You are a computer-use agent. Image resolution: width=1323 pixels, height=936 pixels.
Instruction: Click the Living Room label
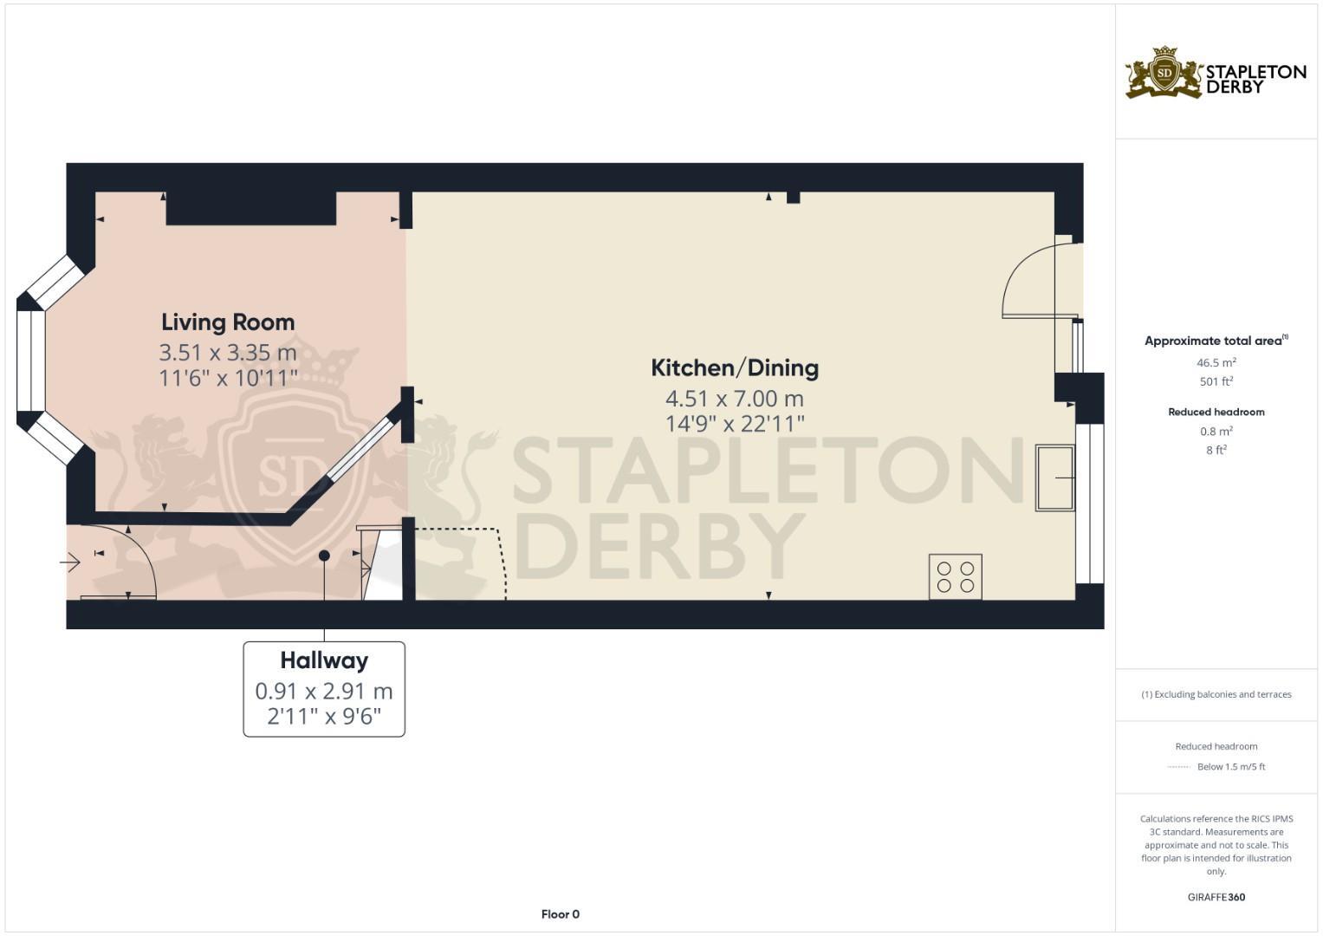(228, 322)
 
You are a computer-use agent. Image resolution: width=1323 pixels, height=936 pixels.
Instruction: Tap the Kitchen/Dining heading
(735, 367)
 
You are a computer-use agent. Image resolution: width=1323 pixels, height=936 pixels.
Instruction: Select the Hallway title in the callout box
(324, 660)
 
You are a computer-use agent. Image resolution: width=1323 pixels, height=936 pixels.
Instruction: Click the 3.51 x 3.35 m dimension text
(228, 353)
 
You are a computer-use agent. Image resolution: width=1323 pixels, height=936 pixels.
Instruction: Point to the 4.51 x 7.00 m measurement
(735, 399)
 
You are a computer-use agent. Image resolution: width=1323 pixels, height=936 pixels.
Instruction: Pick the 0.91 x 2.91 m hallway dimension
(324, 692)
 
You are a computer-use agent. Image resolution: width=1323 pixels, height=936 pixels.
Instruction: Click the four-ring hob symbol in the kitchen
(956, 577)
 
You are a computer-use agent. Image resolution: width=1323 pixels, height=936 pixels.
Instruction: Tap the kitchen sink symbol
(1055, 478)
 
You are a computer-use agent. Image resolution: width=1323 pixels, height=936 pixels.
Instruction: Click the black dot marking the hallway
(324, 556)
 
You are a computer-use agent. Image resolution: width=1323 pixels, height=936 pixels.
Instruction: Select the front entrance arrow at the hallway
(70, 563)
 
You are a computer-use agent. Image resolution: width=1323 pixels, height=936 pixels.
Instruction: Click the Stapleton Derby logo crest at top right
(1164, 73)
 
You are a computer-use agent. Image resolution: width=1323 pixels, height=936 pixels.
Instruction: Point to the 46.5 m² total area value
(1216, 363)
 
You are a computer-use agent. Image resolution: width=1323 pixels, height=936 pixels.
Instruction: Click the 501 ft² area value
(1216, 381)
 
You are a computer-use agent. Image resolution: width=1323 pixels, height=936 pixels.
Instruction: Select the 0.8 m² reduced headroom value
(1216, 431)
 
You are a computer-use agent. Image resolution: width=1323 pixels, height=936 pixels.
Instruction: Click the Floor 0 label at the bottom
(561, 914)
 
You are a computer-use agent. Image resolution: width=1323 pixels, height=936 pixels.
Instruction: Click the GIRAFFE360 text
(1216, 897)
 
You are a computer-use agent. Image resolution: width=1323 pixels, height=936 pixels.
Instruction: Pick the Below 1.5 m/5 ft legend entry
(1230, 767)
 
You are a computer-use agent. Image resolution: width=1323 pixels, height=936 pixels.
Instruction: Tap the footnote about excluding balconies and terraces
(1216, 694)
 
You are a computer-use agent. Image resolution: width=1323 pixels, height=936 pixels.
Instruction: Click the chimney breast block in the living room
(250, 208)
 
